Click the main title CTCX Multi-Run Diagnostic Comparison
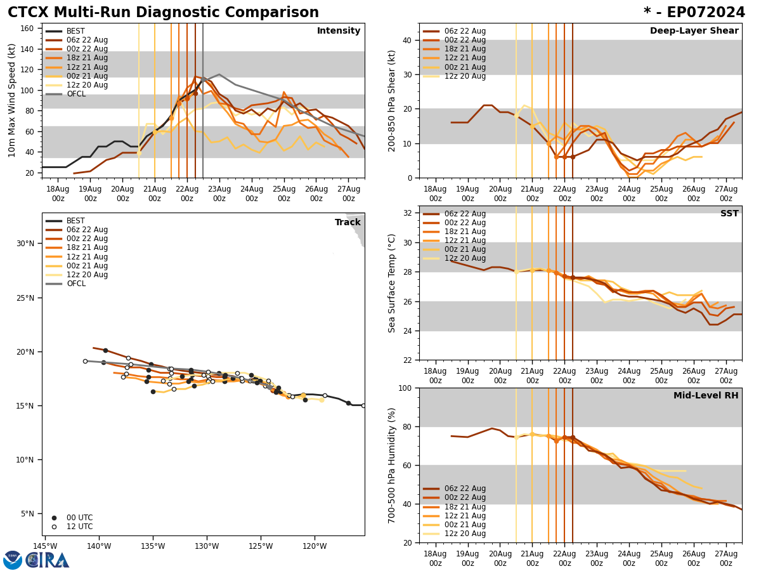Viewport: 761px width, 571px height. pos(163,13)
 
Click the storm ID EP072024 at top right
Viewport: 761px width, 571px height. pos(694,13)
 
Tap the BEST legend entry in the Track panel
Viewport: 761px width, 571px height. pos(75,221)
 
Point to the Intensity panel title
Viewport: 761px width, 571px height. pos(339,31)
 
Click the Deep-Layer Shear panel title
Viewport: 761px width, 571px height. pos(694,31)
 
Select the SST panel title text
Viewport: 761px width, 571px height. pos(729,214)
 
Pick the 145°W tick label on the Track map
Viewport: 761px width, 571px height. pos(45,546)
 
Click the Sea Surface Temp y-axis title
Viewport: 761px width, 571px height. pos(392,283)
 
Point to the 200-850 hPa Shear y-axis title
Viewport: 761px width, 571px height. pos(392,100)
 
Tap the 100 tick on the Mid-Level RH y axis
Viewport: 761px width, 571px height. pos(405,388)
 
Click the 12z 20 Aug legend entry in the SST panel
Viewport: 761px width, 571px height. pos(464,258)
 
